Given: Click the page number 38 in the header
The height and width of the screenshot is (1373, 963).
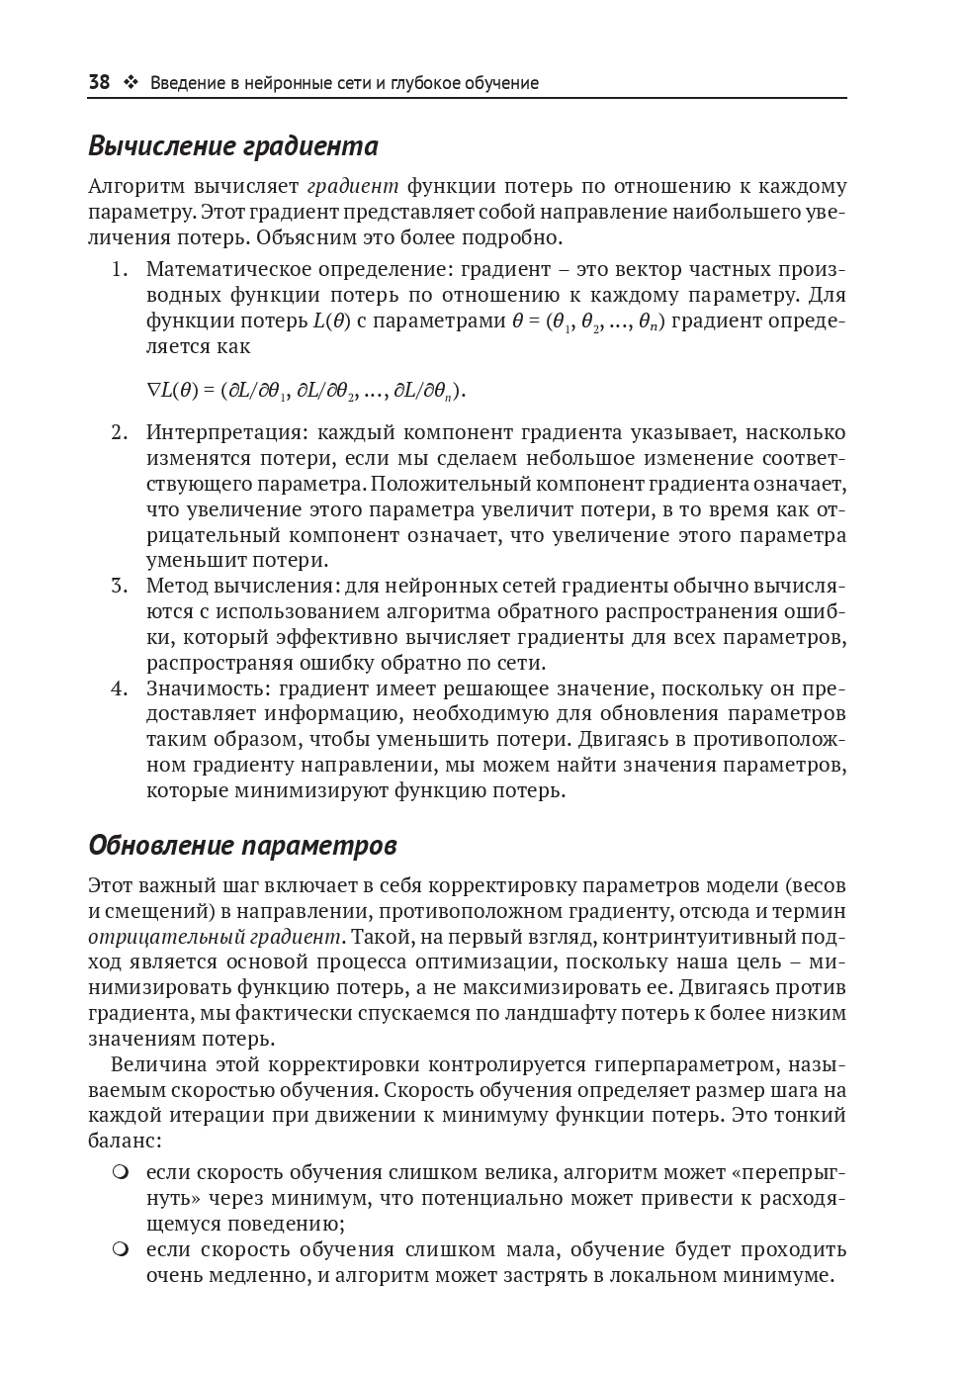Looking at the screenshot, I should click(99, 83).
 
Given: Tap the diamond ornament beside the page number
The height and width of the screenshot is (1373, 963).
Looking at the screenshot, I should click(130, 83).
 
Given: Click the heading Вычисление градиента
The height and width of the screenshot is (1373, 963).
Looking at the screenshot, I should click(233, 146).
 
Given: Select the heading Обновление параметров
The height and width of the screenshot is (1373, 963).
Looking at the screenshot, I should click(242, 846).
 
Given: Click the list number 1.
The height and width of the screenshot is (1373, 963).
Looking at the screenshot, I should click(119, 269).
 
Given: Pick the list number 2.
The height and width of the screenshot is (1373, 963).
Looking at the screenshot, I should click(119, 432).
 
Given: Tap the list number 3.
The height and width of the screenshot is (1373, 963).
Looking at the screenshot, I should click(119, 586).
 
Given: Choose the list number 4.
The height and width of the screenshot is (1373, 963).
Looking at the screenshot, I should click(119, 688).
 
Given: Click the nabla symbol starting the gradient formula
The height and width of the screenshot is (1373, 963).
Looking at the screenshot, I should click(153, 391).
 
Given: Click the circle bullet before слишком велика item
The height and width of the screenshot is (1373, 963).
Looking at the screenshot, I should click(121, 1173).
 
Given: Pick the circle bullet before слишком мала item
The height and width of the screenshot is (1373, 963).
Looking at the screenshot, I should click(121, 1250).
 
